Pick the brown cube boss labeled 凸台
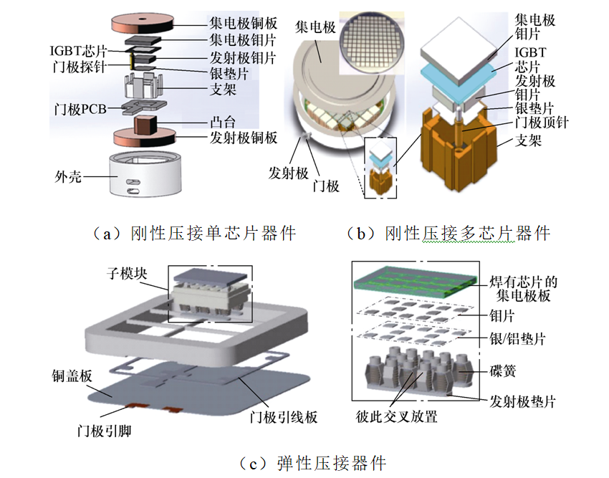click(x=148, y=125)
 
